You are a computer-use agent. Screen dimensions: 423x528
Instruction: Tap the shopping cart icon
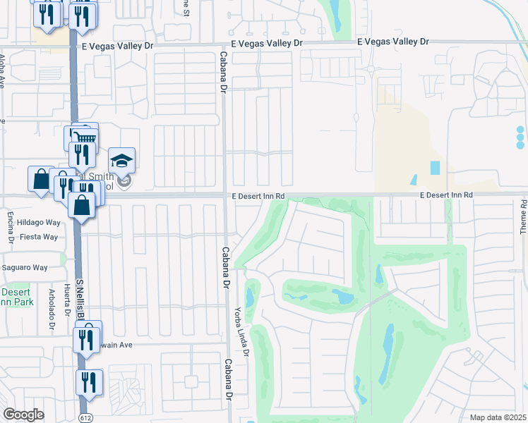click(x=85, y=136)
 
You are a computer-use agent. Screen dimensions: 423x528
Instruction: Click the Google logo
click(x=23, y=415)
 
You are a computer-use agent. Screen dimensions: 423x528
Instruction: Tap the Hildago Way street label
click(x=40, y=222)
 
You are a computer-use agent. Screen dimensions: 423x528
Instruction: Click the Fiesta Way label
click(x=40, y=237)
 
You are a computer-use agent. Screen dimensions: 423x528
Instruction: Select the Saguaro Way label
click(x=24, y=267)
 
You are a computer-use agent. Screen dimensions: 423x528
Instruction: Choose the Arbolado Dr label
click(x=52, y=308)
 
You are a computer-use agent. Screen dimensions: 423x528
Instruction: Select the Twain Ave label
click(x=116, y=345)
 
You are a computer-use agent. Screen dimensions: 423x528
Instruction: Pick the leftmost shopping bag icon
click(x=40, y=179)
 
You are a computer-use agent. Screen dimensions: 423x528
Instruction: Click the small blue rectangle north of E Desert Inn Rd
click(x=434, y=168)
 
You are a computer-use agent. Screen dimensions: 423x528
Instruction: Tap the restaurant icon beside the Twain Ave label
click(x=88, y=338)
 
